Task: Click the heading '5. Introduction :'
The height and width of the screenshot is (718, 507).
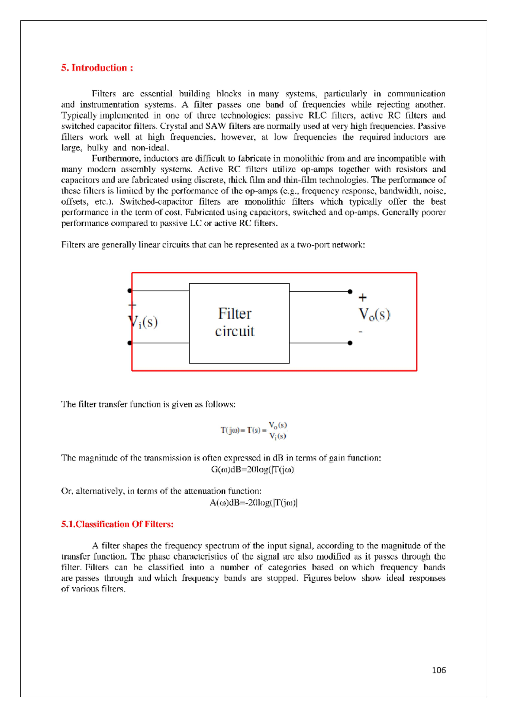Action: [97, 68]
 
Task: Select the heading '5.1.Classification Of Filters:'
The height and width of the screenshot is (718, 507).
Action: [117, 524]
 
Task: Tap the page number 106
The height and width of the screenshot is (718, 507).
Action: [439, 670]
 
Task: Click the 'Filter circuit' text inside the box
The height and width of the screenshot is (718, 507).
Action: [235, 322]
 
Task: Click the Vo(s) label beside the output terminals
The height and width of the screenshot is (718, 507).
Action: [374, 315]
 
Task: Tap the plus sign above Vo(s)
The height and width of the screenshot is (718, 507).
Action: [363, 298]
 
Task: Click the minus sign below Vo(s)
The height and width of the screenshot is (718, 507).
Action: [360, 332]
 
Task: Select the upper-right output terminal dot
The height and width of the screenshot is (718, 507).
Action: [350, 291]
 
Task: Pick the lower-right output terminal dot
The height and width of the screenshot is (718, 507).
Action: [350, 343]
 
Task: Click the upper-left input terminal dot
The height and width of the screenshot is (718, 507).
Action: [130, 290]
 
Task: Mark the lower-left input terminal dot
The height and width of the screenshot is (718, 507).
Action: [130, 343]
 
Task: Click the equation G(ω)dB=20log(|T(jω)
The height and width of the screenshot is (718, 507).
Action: [253, 469]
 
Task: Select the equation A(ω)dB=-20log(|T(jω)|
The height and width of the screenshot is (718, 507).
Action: [253, 503]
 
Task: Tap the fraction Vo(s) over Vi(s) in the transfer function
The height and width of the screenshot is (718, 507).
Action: [278, 430]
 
